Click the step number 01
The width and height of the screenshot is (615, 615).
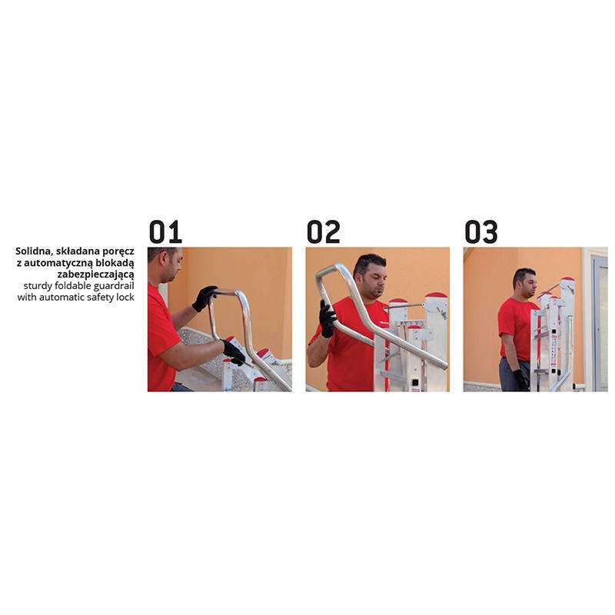165,232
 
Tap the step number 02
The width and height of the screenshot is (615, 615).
323,232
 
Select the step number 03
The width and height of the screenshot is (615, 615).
481,232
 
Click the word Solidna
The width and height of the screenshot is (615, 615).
32,251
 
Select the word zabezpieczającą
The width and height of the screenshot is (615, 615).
95,274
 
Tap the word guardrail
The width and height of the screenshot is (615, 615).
114,285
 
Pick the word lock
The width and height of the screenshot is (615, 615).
125,297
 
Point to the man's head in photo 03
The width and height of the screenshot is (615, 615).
524,282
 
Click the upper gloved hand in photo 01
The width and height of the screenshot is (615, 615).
204,298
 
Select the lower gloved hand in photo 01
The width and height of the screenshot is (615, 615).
234,352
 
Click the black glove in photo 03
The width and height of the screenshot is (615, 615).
521,380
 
